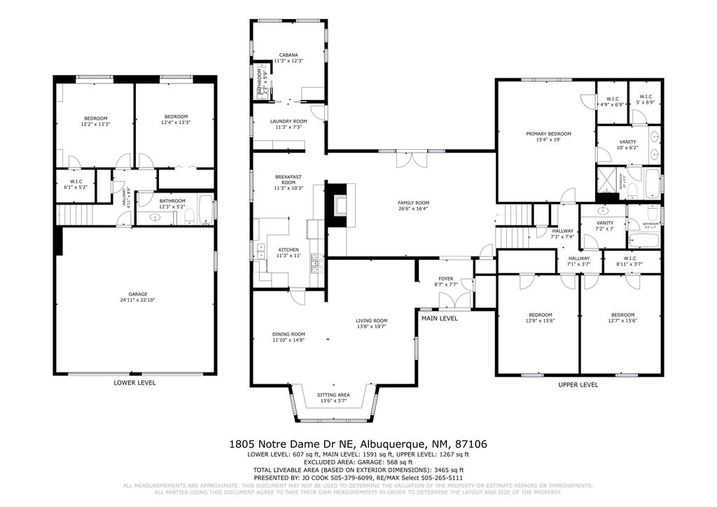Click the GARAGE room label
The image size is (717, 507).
click(137, 294)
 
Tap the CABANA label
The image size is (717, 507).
click(288, 55)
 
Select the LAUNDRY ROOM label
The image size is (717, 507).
click(288, 121)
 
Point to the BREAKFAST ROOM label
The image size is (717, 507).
click(288, 179)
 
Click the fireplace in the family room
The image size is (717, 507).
click(339, 205)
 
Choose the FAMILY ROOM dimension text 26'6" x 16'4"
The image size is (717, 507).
click(413, 209)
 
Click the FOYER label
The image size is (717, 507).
click(446, 279)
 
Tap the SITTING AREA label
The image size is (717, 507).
click(334, 395)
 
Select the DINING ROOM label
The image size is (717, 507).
click(288, 334)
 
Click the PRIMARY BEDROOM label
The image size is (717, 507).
click(548, 134)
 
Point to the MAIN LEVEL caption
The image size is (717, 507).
click(439, 319)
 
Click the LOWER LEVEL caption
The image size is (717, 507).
click(134, 383)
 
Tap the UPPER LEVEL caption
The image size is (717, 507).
click(578, 385)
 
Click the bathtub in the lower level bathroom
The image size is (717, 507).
click(205, 210)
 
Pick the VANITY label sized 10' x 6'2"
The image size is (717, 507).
click(627, 142)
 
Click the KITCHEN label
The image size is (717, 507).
click(288, 250)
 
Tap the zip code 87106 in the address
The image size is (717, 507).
click(471, 444)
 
